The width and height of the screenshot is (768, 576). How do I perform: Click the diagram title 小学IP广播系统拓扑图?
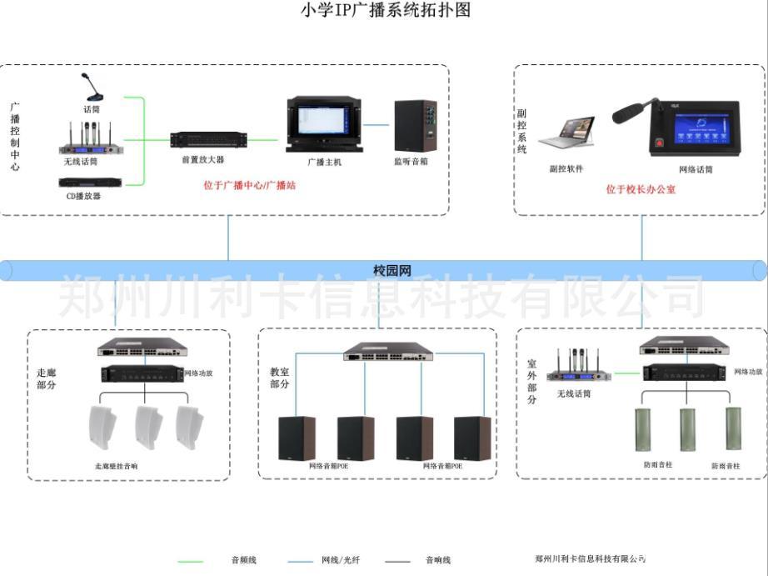[385, 10]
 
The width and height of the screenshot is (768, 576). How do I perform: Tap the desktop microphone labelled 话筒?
[90, 88]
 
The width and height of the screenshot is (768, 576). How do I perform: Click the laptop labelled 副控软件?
[566, 133]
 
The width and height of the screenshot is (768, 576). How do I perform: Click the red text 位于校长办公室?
[641, 190]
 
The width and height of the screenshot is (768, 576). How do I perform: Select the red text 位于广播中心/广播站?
[249, 185]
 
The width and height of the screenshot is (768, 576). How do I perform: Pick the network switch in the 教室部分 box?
[388, 352]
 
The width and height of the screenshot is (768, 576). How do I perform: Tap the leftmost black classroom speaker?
[296, 438]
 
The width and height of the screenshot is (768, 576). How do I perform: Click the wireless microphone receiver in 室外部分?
[579, 374]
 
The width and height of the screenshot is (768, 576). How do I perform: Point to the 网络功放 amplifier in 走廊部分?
[142, 374]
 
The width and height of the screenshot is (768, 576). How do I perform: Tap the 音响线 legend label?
[438, 560]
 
